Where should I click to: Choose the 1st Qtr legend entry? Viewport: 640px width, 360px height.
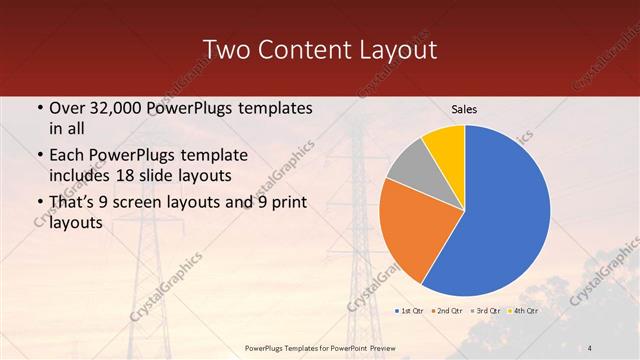410,311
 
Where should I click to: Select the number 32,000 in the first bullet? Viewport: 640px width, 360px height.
114,107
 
